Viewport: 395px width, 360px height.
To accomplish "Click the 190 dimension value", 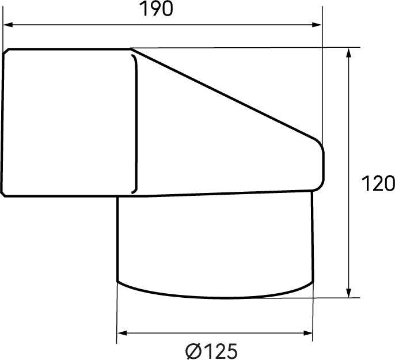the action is tap(156, 9).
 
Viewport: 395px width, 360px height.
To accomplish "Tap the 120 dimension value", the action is tap(378, 184).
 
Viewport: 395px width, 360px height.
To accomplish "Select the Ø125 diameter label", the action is tap(211, 351).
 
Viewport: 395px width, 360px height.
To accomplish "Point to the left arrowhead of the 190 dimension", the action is tap(8, 25).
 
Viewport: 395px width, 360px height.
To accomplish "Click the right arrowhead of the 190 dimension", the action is tap(317, 25).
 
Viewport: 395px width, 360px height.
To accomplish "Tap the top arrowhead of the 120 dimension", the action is tap(349, 53).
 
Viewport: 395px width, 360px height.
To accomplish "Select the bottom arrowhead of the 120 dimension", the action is tap(349, 293).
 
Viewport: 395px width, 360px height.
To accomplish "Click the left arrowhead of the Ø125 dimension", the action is tap(122, 334).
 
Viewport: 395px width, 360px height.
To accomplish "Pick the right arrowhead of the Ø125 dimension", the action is tap(308, 334).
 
